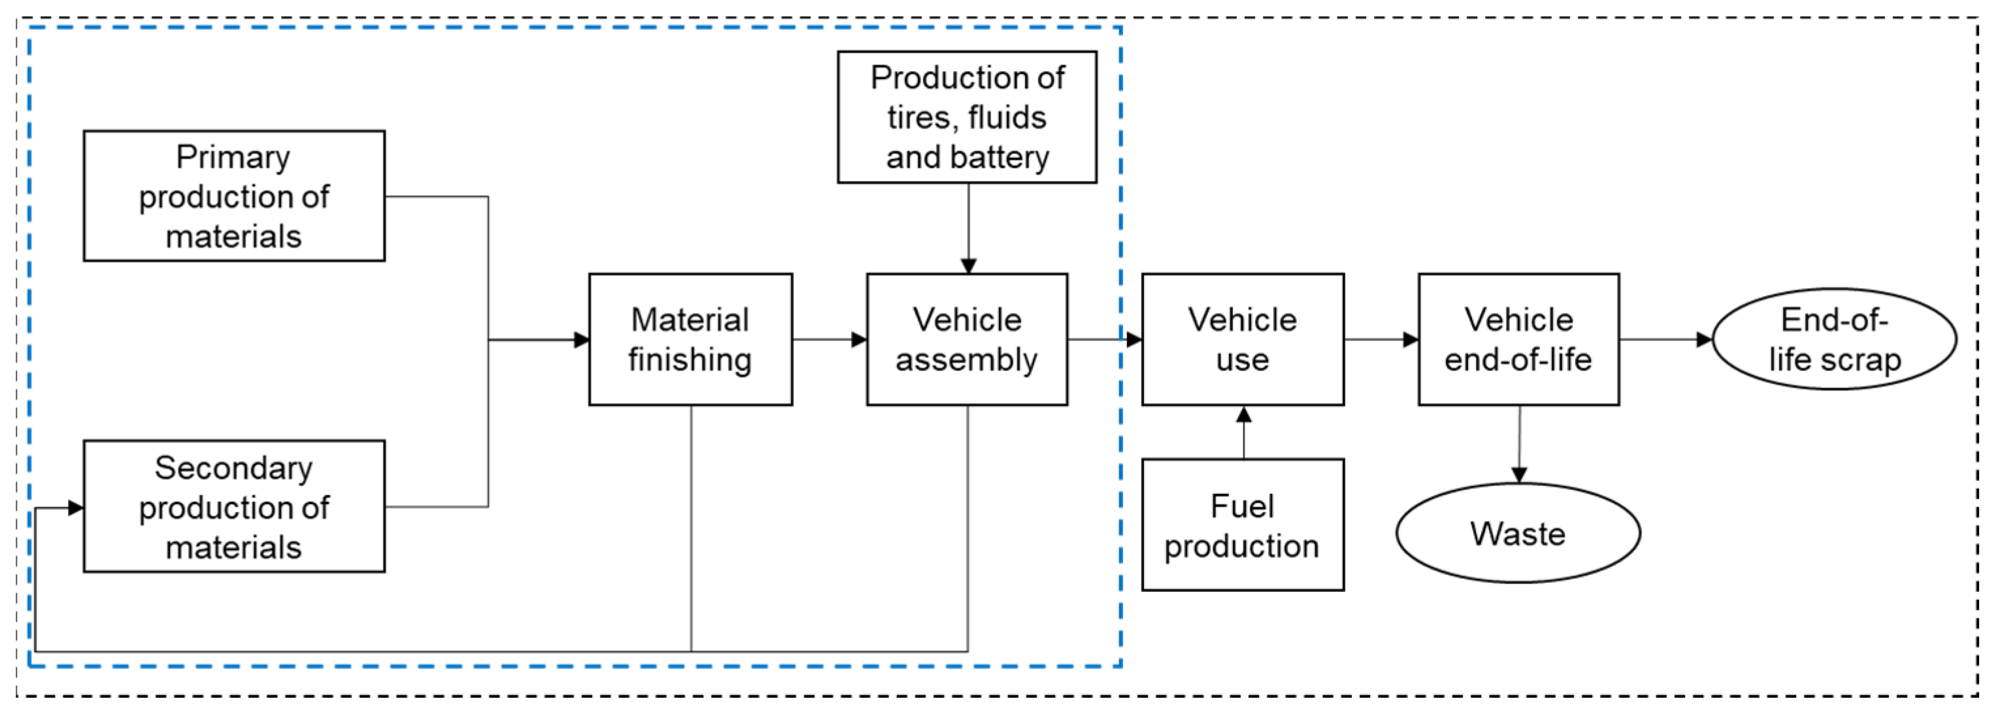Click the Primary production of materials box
pyautogui.click(x=234, y=196)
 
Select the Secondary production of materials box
pyautogui.click(x=234, y=507)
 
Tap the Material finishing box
pyautogui.click(x=690, y=339)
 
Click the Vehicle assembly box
pyautogui.click(x=967, y=339)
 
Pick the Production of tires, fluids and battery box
pyautogui.click(x=967, y=117)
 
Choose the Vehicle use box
pyautogui.click(x=1243, y=339)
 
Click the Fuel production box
pyautogui.click(x=1243, y=525)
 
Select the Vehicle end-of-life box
pyautogui.click(x=1518, y=339)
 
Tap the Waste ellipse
pyautogui.click(x=1518, y=533)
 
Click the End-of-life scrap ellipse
pyautogui.click(x=1834, y=339)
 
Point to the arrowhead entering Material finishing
pyautogui.click(x=582, y=340)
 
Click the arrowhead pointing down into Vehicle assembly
pyautogui.click(x=968, y=265)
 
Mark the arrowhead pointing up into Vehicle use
pyautogui.click(x=1244, y=414)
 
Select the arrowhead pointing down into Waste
pyautogui.click(x=1520, y=474)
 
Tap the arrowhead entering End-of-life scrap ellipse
pyautogui.click(x=1705, y=340)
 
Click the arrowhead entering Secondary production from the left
pyautogui.click(x=76, y=508)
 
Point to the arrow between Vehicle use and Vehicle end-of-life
pyautogui.click(x=1381, y=340)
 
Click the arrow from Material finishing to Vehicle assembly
pyautogui.click(x=829, y=340)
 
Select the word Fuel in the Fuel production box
pyautogui.click(x=1241, y=506)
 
